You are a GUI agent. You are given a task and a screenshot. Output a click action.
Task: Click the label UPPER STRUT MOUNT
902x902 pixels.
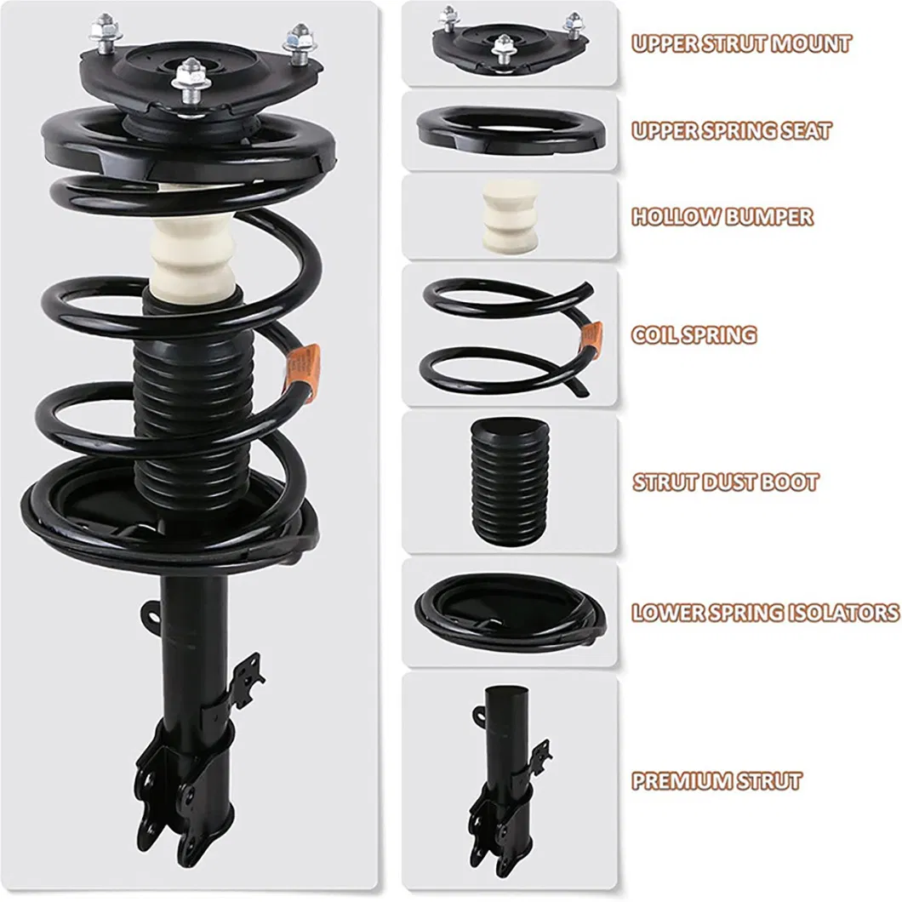point(740,43)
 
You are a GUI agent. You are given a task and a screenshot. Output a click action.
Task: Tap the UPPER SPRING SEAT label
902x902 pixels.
point(731,131)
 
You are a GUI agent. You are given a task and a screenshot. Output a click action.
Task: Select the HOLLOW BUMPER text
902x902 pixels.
point(722,217)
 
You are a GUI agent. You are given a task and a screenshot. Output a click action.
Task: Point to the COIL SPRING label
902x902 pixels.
point(693,334)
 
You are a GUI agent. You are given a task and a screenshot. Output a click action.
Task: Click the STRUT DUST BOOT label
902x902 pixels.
point(725,482)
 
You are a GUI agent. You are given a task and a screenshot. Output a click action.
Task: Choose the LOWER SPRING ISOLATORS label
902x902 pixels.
point(764,612)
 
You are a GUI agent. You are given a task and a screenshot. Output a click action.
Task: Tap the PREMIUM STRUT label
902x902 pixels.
point(716,781)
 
